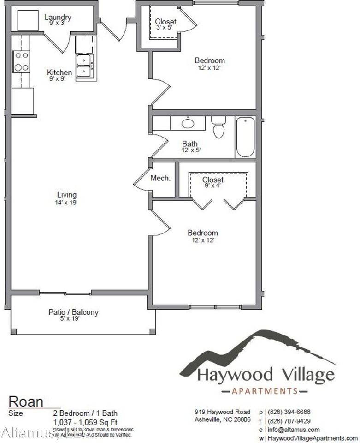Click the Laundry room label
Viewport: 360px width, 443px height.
(58, 18)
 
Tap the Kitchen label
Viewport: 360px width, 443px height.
(59, 72)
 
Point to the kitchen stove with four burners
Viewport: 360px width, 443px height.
(21, 61)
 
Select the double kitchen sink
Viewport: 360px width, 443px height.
(85, 66)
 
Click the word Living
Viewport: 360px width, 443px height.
(67, 195)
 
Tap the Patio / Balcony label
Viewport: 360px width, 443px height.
(73, 312)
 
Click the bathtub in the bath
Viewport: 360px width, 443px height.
(245, 137)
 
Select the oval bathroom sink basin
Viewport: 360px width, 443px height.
(188, 124)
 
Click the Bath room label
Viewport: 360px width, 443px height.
(189, 144)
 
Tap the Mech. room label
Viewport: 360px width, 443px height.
(161, 178)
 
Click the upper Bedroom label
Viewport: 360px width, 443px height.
(210, 60)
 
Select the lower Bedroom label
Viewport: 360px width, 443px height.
(203, 233)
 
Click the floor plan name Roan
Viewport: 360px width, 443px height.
(26, 401)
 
